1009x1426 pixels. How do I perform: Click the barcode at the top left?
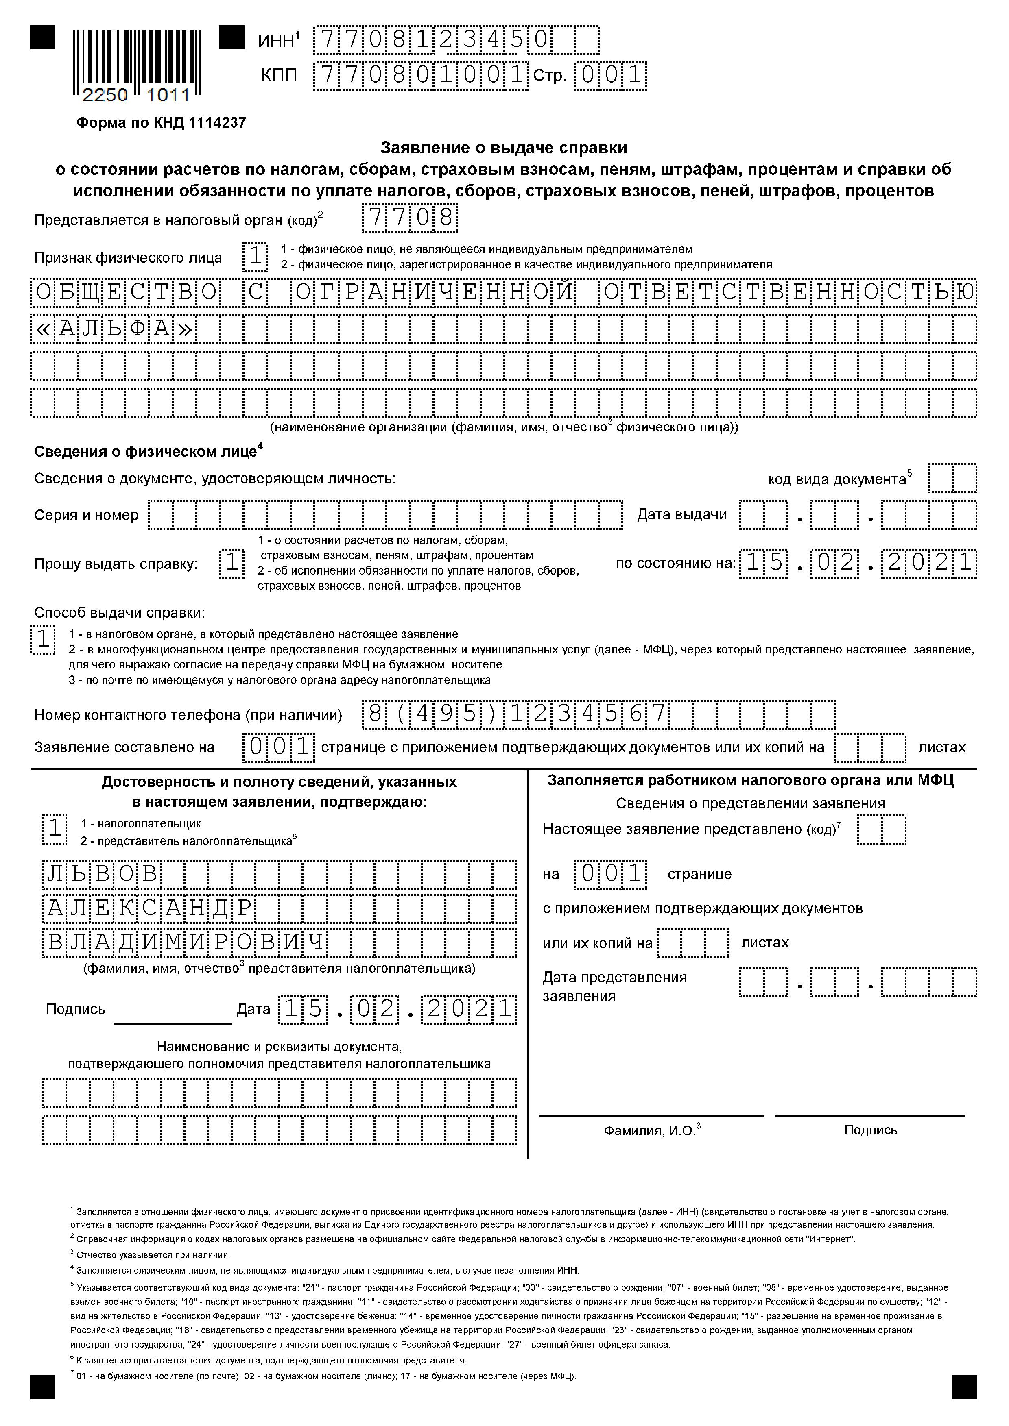click(131, 59)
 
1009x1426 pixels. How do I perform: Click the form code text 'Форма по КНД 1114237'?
click(161, 123)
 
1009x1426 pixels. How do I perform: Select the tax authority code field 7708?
click(410, 219)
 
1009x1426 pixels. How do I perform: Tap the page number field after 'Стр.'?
click(610, 76)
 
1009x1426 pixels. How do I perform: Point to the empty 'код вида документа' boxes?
click(952, 479)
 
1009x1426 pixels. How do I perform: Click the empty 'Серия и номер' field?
click(385, 515)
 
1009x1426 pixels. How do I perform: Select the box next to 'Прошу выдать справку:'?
click(232, 563)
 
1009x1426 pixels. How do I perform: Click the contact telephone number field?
click(598, 714)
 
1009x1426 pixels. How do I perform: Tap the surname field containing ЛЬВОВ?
click(279, 875)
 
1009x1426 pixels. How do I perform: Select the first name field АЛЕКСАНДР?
click(279, 909)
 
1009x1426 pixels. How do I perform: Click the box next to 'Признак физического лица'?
click(255, 257)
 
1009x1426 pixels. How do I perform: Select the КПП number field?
click(421, 76)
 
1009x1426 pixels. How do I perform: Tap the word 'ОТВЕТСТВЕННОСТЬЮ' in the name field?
click(789, 292)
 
